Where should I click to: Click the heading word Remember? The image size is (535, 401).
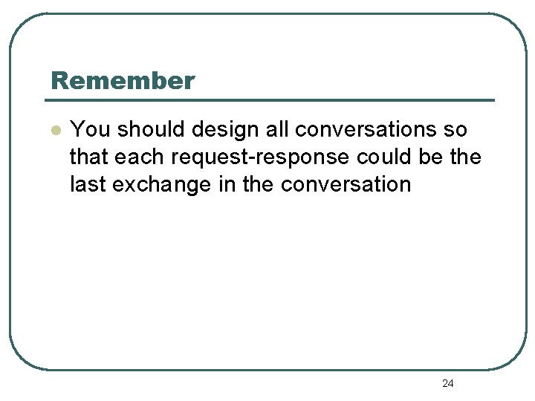tap(123, 80)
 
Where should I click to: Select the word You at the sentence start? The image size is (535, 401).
tap(90, 130)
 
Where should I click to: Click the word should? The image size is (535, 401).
tap(152, 130)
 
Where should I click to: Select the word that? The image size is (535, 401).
tap(89, 157)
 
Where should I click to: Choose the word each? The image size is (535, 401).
tap(137, 157)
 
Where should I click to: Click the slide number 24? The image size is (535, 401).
tap(447, 383)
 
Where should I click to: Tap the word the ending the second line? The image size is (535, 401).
tap(464, 157)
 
